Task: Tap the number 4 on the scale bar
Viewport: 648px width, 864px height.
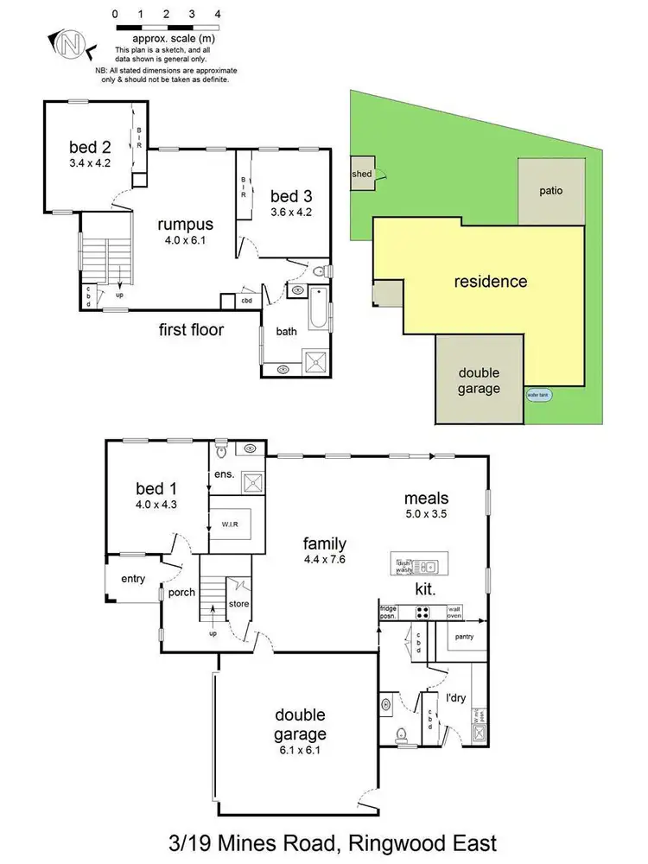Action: [217, 15]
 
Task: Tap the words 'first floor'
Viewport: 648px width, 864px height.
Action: [191, 329]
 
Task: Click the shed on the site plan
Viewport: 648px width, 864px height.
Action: [362, 175]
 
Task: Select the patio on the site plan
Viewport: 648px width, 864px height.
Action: [550, 190]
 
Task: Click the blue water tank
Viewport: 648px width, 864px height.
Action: [538, 395]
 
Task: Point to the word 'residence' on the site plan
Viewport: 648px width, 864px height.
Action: [491, 282]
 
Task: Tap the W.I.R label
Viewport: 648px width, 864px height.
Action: [230, 524]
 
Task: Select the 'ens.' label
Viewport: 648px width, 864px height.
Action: [223, 474]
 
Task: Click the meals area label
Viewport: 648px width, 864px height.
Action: [427, 499]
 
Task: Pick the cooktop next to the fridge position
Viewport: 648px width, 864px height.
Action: [422, 612]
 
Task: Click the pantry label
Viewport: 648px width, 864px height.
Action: [464, 638]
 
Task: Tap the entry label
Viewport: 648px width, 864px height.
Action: [134, 579]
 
